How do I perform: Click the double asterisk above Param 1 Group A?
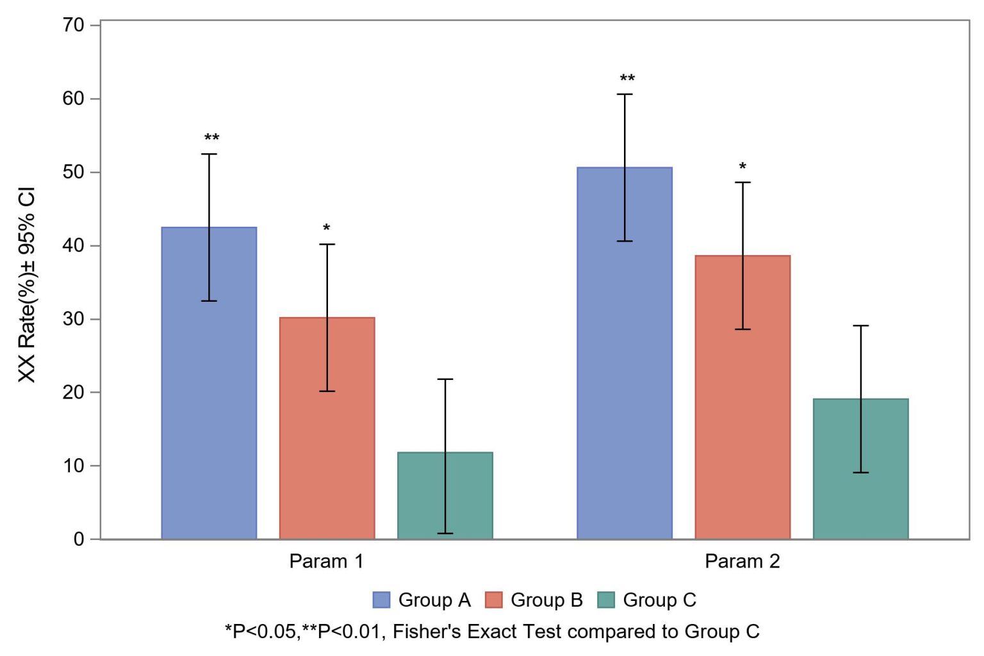(211, 138)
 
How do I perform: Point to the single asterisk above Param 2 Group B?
(742, 167)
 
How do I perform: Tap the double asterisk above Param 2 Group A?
(627, 78)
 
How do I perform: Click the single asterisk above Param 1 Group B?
(327, 228)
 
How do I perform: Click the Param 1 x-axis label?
(326, 561)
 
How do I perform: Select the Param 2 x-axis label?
(742, 561)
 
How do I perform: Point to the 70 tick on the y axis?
(74, 25)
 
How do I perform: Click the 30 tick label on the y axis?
(74, 318)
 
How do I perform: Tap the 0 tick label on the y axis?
(79, 539)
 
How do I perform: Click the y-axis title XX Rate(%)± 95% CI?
(27, 285)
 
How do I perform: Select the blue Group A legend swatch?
(381, 600)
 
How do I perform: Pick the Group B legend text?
(546, 600)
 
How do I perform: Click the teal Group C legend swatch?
(605, 600)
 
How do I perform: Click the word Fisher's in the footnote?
(422, 632)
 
